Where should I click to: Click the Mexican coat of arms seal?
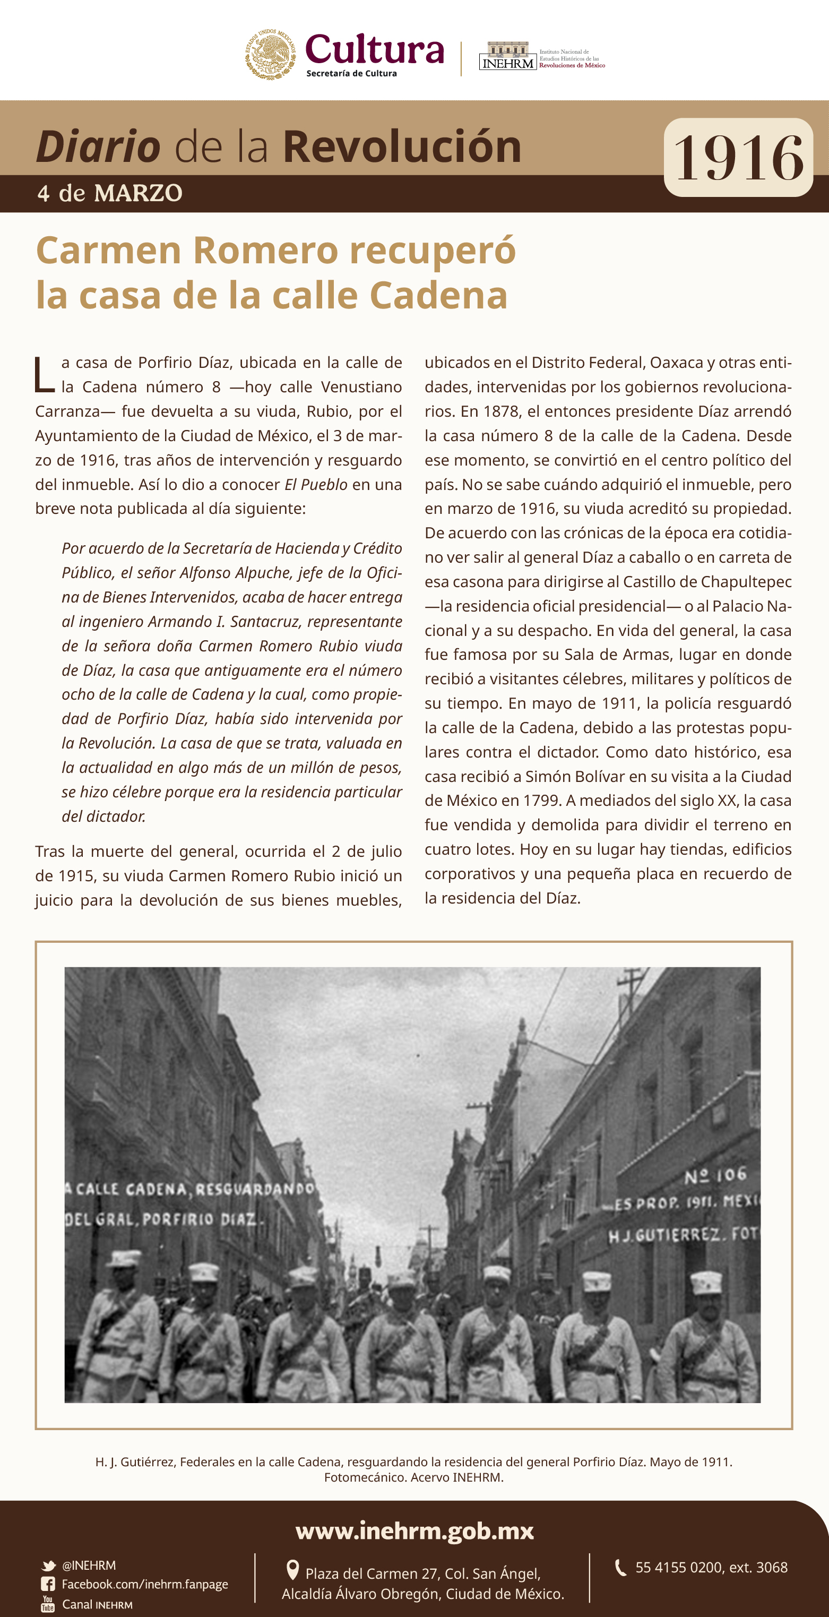tap(271, 54)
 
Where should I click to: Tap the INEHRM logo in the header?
tap(508, 56)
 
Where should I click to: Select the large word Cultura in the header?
tap(375, 50)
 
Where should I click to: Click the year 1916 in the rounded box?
tap(738, 158)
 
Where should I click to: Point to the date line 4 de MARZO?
tap(110, 193)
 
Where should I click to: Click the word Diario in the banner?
tap(98, 147)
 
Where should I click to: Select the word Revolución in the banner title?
tap(402, 147)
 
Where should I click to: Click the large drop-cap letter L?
tap(45, 375)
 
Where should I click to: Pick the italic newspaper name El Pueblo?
tap(316, 485)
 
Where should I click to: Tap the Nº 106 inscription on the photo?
tap(715, 1175)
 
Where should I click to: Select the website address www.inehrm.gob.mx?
tap(414, 1530)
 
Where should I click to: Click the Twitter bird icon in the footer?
tap(48, 1566)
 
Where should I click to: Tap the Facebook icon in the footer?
tap(48, 1585)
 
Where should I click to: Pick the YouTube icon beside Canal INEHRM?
tap(48, 1604)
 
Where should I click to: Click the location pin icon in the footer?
tap(292, 1570)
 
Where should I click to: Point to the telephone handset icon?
tap(620, 1568)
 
